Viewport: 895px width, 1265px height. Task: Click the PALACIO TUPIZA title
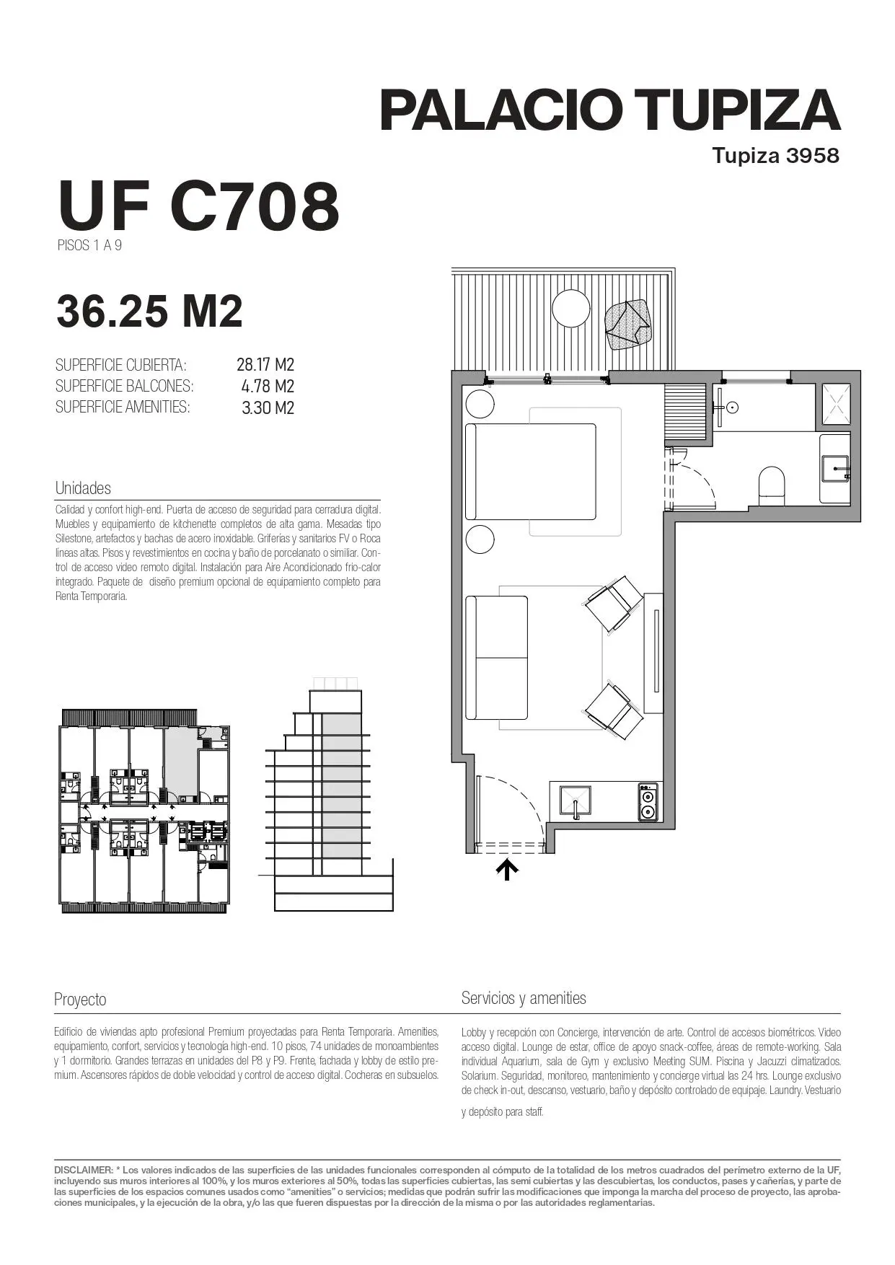[610, 110]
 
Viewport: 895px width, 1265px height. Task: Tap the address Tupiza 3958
[776, 155]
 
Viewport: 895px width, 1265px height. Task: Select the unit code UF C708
[198, 206]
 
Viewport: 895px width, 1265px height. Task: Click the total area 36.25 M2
[149, 312]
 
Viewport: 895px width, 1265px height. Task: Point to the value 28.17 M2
[265, 364]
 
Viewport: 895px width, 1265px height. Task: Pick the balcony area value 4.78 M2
[268, 386]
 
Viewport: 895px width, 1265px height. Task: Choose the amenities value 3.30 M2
[268, 407]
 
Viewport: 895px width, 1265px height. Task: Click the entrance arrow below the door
[507, 869]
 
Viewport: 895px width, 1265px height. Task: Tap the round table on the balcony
[571, 309]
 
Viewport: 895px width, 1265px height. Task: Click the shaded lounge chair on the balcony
[628, 325]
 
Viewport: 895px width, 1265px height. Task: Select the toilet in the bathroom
[771, 482]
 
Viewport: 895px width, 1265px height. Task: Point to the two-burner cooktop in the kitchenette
[648, 802]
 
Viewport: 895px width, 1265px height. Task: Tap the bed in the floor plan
[531, 472]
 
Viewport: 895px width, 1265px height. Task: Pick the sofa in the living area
[497, 657]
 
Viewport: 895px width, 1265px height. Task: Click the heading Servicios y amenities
[524, 998]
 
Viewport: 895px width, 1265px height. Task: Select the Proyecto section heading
[80, 1000]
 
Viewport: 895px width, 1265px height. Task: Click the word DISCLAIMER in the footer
[83, 1169]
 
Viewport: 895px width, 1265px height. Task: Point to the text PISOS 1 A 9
[89, 245]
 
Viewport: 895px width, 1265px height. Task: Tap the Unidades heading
[83, 488]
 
